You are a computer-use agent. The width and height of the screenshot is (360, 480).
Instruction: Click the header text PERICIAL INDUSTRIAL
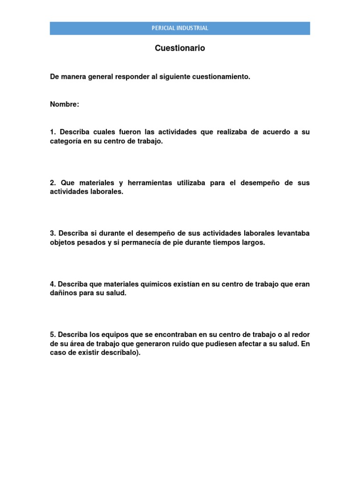pos(180,28)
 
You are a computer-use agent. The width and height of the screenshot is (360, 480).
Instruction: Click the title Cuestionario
pos(180,48)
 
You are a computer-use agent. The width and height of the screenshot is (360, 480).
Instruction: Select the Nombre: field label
pos(65,104)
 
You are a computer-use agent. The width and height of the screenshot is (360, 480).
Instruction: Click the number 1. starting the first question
pos(53,132)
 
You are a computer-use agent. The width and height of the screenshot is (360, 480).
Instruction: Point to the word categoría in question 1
pos(65,142)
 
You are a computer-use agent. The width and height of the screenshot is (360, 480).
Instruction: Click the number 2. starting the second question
pos(53,183)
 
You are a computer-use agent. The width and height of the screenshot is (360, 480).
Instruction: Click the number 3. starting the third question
pos(53,233)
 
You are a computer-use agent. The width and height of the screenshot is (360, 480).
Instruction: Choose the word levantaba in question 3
pos(291,233)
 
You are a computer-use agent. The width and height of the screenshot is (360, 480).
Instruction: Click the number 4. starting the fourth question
pos(53,284)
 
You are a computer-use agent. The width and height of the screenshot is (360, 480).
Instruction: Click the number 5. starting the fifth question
pos(53,335)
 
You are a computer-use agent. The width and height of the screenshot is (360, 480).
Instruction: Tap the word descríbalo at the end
pos(120,353)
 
